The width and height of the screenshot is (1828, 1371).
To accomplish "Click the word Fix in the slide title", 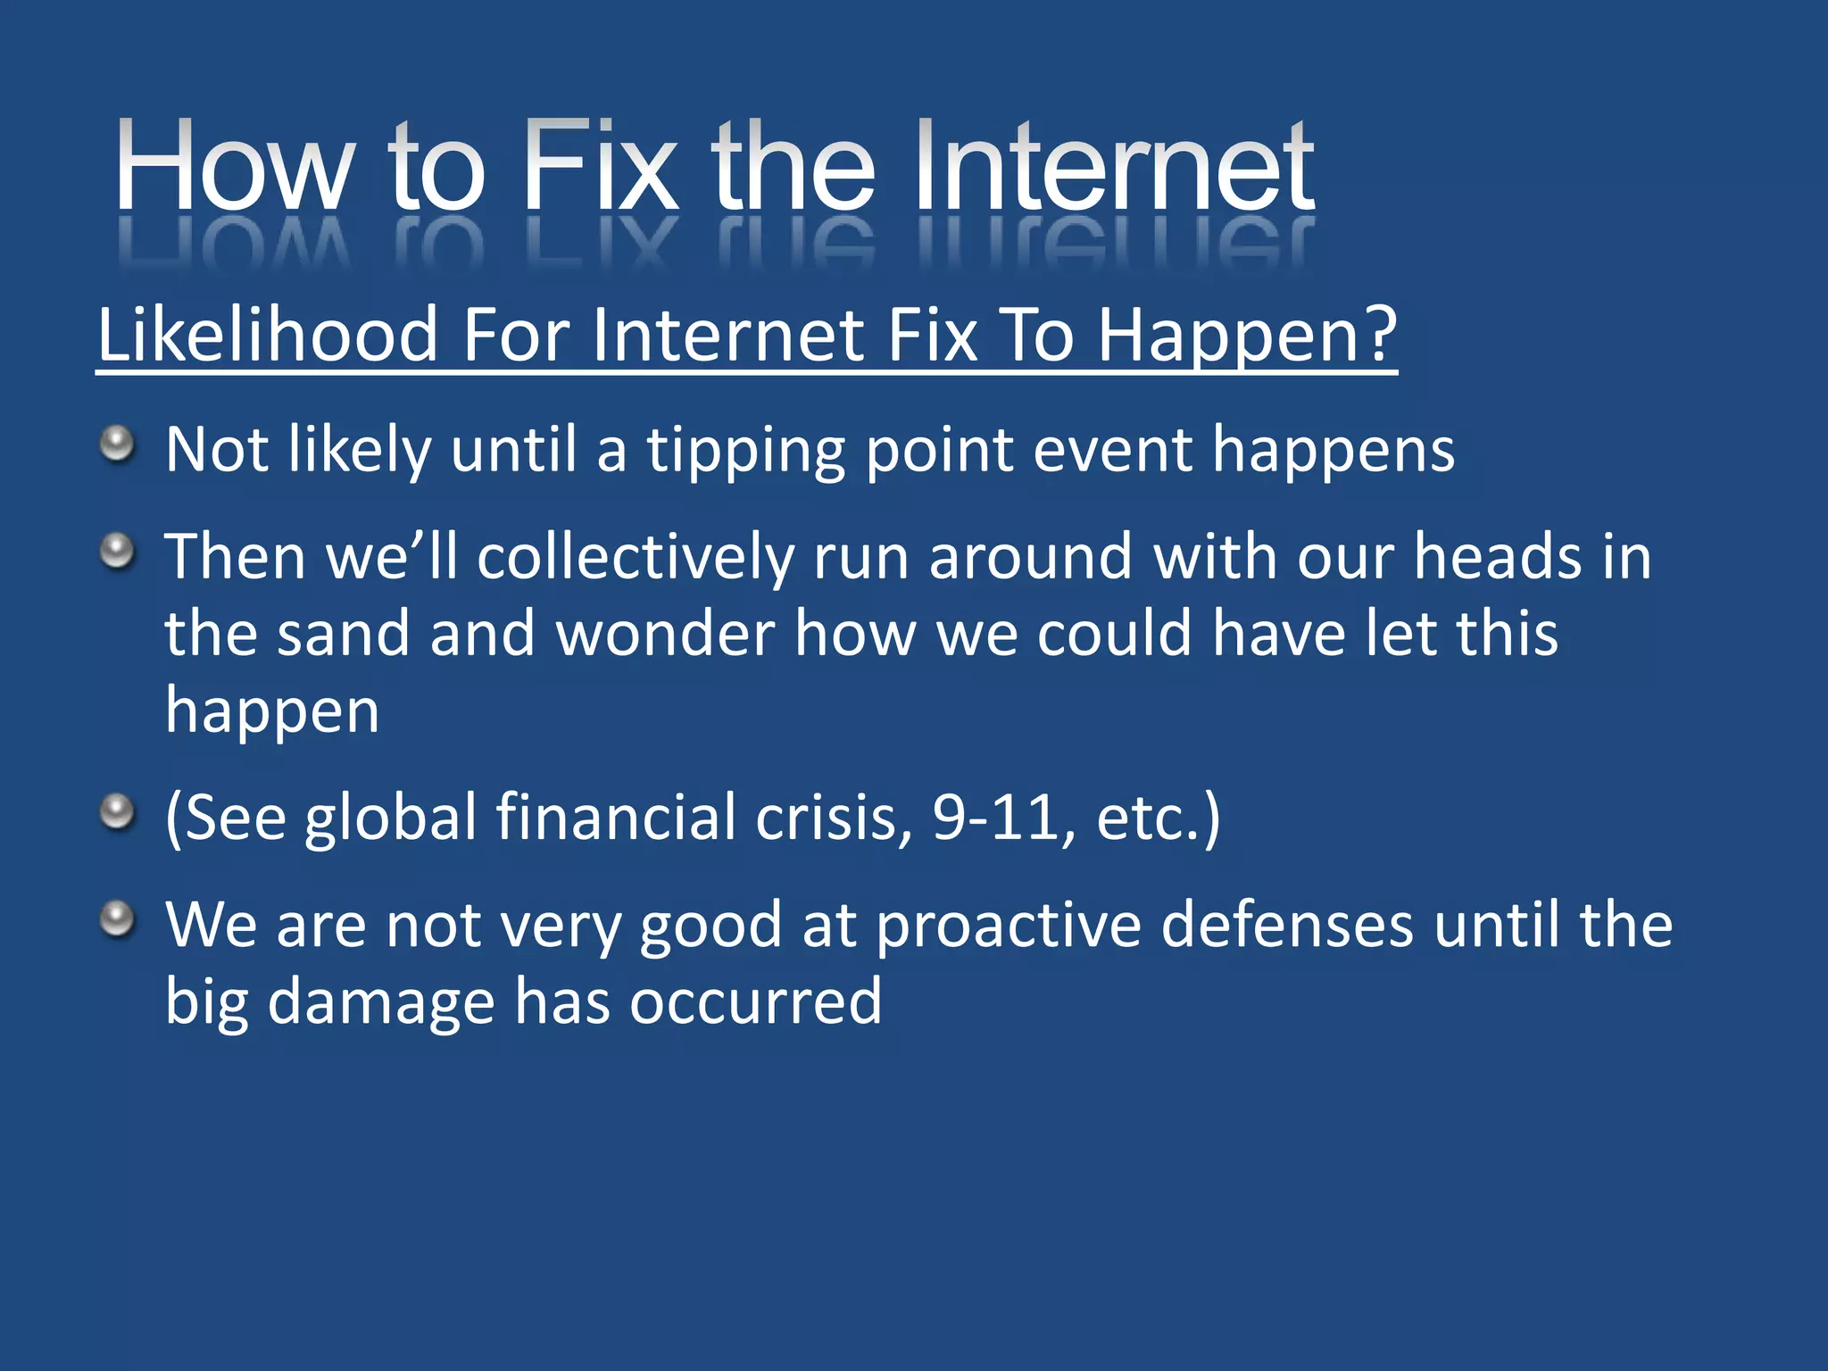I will pos(600,167).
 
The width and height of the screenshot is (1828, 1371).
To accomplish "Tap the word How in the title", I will pos(232,167).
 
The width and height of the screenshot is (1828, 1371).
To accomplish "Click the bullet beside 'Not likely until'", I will pos(117,444).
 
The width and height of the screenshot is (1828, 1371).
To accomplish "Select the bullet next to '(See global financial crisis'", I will pos(117,812).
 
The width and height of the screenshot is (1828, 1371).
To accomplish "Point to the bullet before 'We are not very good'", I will pos(117,918).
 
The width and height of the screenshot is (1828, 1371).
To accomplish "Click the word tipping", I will pos(745,451).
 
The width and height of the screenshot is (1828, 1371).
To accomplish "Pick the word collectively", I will pos(635,558).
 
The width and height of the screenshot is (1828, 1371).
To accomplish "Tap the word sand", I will pos(343,634).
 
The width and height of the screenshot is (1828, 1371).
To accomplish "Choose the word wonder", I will pos(665,634).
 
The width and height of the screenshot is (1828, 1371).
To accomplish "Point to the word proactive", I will pos(1008,926).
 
